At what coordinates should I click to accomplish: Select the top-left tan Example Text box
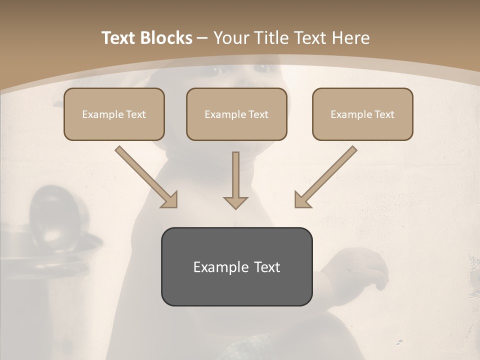pos(114,114)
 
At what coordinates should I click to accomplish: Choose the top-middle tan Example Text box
pos(236,114)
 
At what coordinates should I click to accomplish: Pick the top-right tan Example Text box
pos(362,114)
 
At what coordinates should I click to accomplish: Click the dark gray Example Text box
pos(236,266)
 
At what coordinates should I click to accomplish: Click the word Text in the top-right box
pos(384,114)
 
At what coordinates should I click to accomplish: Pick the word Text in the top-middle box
pos(258,114)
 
